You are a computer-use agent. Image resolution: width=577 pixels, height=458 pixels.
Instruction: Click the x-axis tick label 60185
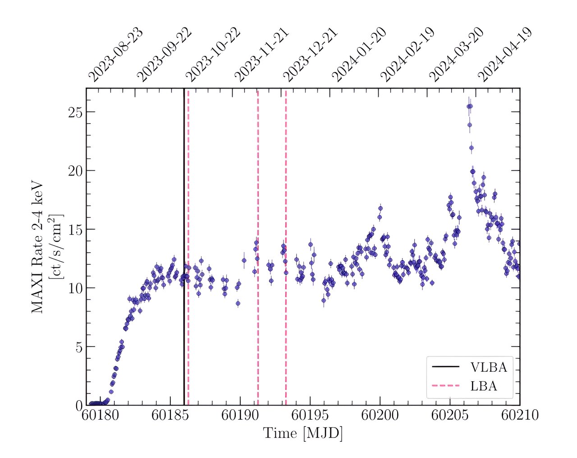pos(170,415)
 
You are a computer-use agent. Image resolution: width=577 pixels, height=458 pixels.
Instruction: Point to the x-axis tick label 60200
pos(380,415)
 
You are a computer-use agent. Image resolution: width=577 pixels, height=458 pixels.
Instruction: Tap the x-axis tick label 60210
pos(520,415)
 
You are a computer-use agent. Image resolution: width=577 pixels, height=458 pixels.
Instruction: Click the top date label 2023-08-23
pos(116,55)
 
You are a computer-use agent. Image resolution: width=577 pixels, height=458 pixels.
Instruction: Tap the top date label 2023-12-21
pos(311,55)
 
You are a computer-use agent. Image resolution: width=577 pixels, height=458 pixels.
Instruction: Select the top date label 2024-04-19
pos(505,55)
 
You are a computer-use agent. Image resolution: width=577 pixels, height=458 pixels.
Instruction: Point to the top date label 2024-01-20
pos(359,55)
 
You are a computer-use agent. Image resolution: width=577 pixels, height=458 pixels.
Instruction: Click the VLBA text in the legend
pos(489,367)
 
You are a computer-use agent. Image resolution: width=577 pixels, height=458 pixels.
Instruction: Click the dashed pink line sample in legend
pos(445,386)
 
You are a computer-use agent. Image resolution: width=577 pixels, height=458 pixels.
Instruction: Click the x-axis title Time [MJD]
pos(302,433)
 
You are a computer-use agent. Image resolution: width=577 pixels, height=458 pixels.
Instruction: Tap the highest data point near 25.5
pos(469,106)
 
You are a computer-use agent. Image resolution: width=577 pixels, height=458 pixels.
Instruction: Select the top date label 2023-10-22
pos(213,55)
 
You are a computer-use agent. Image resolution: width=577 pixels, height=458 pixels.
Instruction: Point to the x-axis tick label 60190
pos(240,415)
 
